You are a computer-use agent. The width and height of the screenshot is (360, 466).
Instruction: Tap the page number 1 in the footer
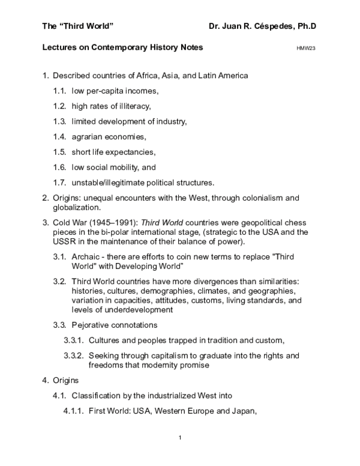click(179, 437)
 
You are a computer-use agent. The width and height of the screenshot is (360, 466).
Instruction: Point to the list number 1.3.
click(60, 121)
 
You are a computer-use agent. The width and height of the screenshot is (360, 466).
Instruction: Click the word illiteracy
click(131, 106)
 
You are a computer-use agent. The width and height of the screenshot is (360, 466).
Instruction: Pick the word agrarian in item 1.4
click(89, 137)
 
